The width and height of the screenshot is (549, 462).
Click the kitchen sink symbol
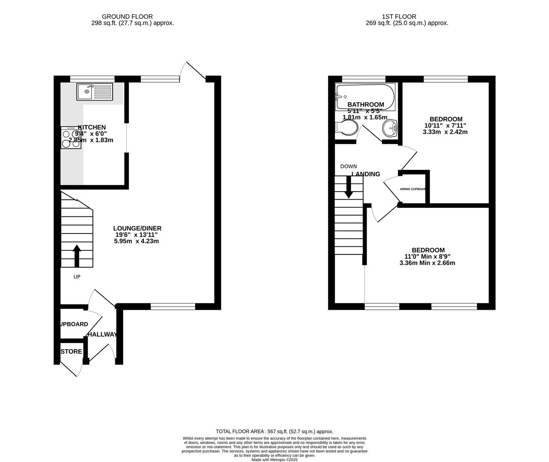tap(95, 92)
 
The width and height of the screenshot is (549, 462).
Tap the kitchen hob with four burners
tap(71, 138)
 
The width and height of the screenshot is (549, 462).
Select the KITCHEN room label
tap(92, 127)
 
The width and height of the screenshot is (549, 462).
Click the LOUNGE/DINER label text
tap(137, 228)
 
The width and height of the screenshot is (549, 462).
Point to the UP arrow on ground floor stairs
tap(77, 256)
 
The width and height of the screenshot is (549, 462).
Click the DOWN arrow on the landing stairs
tap(349, 187)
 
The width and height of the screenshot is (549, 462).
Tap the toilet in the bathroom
tap(347, 127)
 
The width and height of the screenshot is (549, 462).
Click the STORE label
tap(71, 352)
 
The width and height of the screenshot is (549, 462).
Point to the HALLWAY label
tap(102, 335)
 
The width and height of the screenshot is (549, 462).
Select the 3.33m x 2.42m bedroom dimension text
tap(445, 132)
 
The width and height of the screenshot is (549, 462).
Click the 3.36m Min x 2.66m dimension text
tap(427, 263)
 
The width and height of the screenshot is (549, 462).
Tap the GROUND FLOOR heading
tap(133, 17)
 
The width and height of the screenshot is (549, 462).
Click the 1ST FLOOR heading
tap(407, 17)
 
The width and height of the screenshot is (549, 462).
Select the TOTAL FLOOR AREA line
tap(274, 432)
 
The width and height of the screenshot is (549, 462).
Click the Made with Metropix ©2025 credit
tap(274, 460)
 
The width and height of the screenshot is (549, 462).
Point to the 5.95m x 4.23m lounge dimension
tap(137, 241)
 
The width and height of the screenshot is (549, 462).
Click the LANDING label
tap(366, 174)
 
